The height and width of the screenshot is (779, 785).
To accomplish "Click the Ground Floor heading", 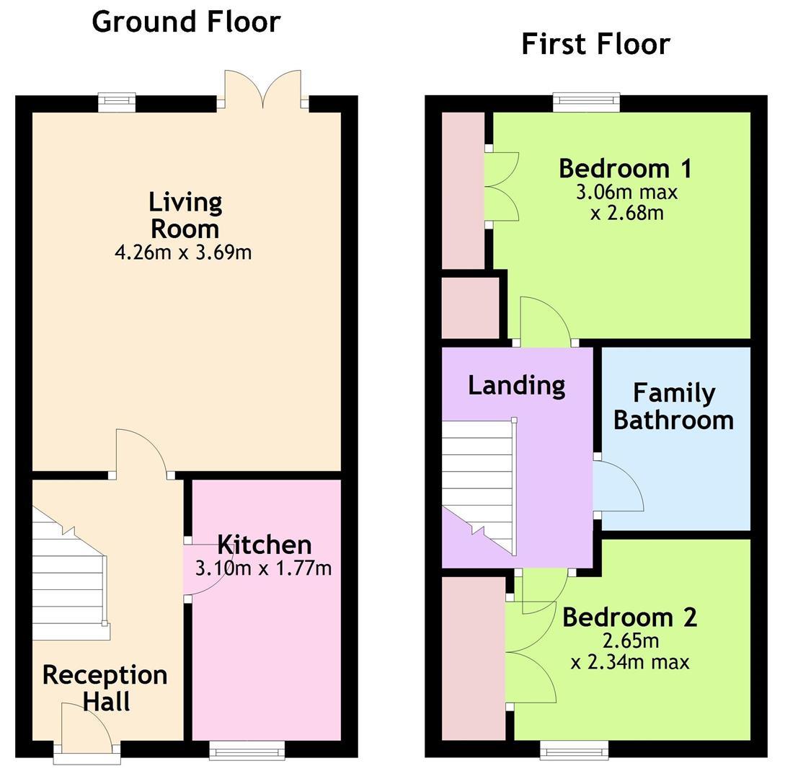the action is (x=186, y=22).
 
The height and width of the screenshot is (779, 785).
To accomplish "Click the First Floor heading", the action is (x=595, y=44).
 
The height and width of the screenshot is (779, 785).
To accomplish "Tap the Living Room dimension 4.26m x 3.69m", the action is (x=183, y=252).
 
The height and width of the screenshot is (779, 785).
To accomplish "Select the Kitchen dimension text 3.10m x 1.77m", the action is (x=263, y=568).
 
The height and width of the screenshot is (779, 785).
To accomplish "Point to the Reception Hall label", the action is (x=105, y=688).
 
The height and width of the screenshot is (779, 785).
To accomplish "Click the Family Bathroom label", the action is (x=674, y=406).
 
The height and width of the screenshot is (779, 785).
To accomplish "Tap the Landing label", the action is (x=517, y=386).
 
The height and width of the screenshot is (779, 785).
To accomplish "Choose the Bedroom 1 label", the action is (x=625, y=168).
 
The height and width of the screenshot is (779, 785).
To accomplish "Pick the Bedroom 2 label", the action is (x=630, y=617).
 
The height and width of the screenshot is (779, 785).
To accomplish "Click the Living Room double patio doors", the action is (x=263, y=89).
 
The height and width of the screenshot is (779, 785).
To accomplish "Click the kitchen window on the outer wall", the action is (x=247, y=750).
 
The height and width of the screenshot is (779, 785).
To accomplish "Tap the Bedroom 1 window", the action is (x=586, y=102).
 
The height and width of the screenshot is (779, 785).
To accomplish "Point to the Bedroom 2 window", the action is (x=575, y=750).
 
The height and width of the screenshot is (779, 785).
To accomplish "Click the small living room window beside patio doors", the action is (x=117, y=102).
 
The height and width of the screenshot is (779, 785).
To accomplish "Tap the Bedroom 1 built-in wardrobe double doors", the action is (x=501, y=186).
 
